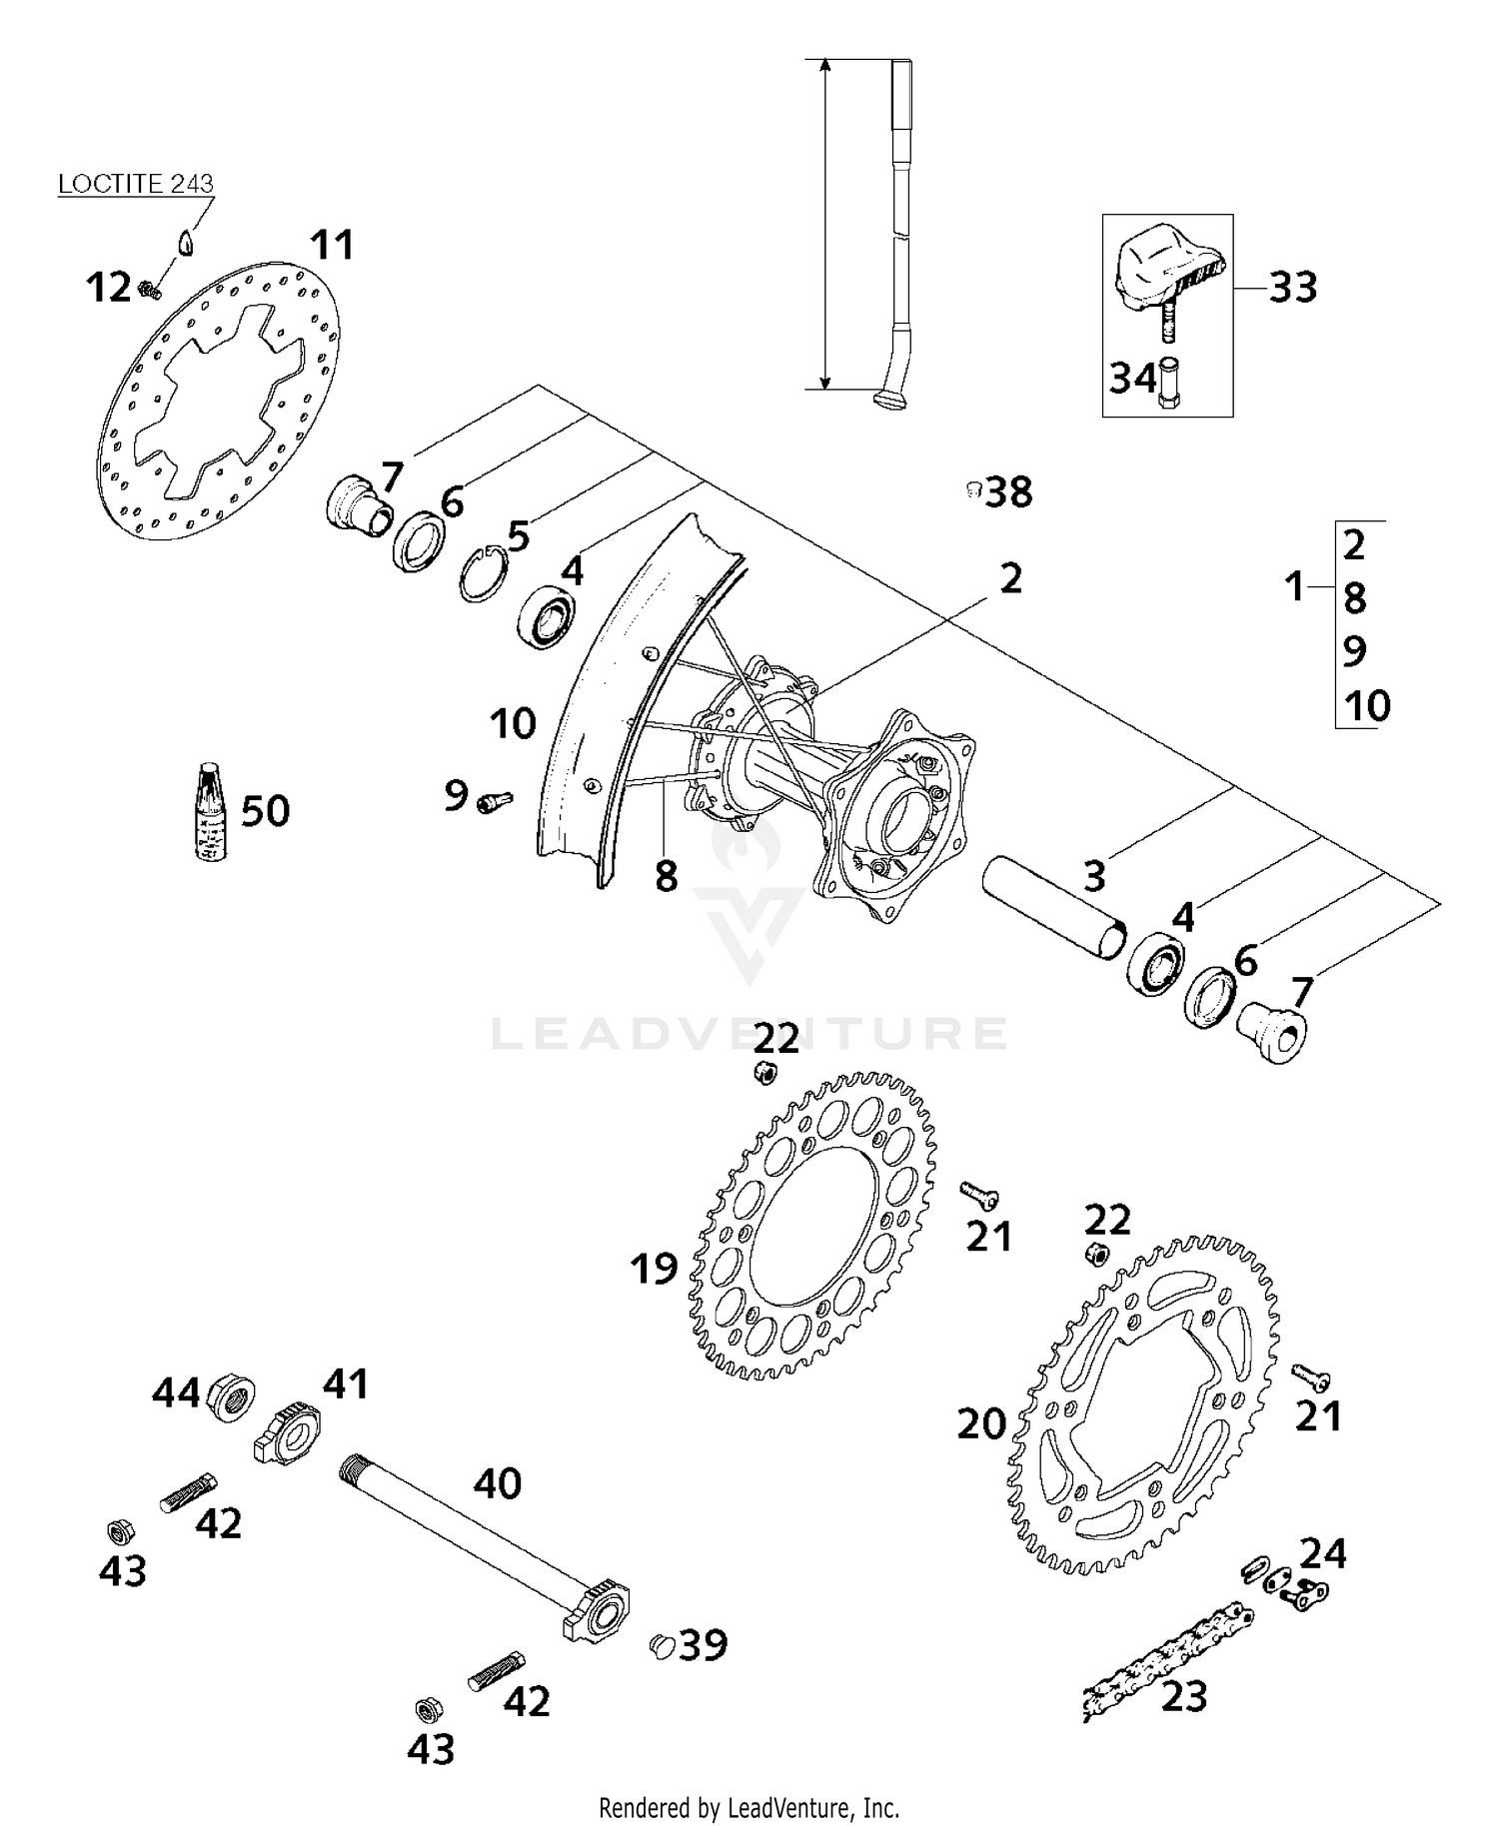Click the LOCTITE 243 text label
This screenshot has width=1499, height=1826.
pos(135,184)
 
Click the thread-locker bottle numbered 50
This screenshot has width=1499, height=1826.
pos(209,811)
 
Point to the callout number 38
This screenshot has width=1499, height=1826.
pos(1007,492)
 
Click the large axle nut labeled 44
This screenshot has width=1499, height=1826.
pos(231,1395)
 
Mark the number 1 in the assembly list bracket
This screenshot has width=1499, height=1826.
pos(1295,586)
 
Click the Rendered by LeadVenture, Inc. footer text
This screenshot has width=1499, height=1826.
pos(749,1808)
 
